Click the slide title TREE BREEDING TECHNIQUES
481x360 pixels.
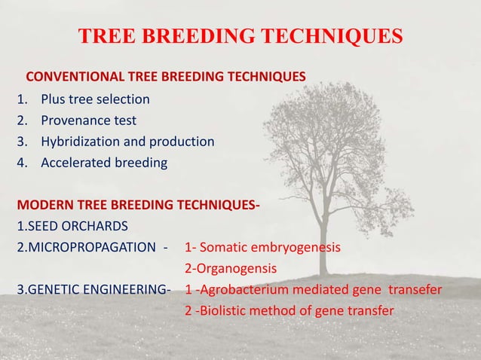pos(240,36)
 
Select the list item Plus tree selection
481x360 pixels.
pos(95,99)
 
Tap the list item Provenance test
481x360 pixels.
pos(88,120)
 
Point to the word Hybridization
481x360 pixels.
pos(79,141)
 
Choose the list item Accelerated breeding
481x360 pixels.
pos(104,162)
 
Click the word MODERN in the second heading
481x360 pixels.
pos(41,204)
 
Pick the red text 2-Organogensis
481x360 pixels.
pos(231,267)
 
